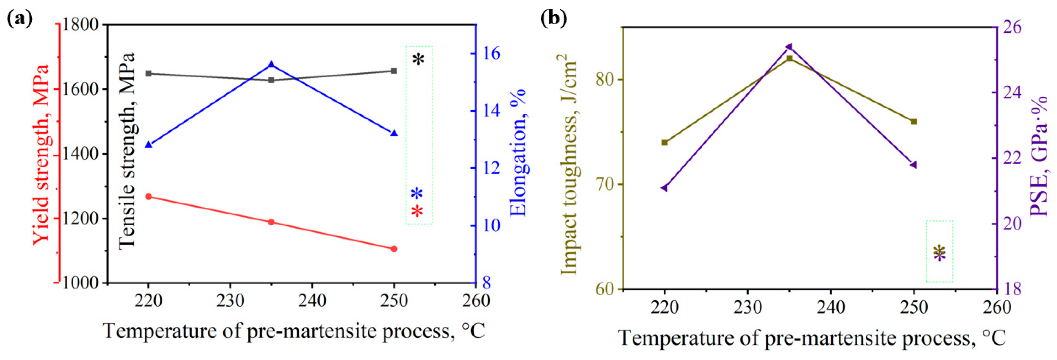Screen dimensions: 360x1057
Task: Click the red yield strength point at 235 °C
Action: click(x=271, y=222)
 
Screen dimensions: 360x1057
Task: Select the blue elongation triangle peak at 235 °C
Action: click(x=271, y=65)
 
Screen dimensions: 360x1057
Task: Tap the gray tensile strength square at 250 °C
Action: click(x=394, y=71)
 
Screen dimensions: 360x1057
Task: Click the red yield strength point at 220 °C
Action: click(x=149, y=197)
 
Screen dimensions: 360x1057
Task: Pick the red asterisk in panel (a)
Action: click(x=417, y=211)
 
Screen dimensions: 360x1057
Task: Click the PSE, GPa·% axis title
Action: click(x=1038, y=156)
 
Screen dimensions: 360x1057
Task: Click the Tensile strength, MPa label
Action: click(x=127, y=151)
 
